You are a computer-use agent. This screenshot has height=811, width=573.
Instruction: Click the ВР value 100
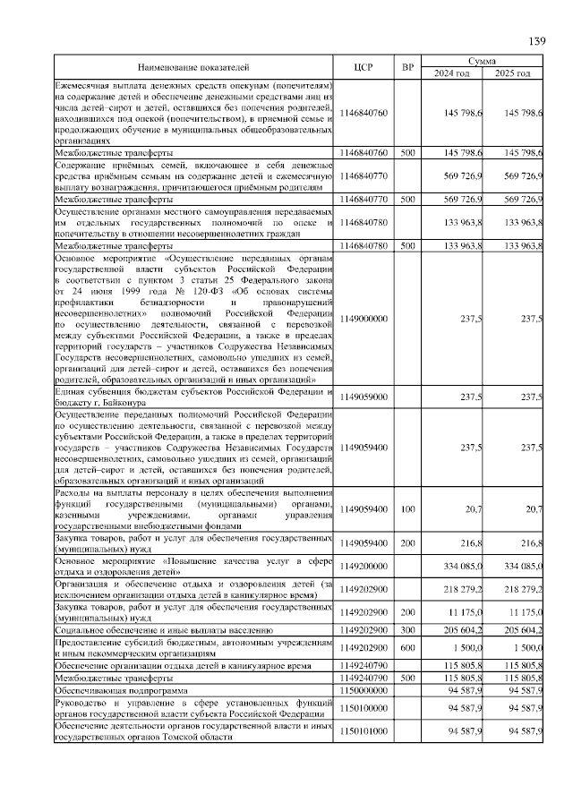[407, 509]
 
